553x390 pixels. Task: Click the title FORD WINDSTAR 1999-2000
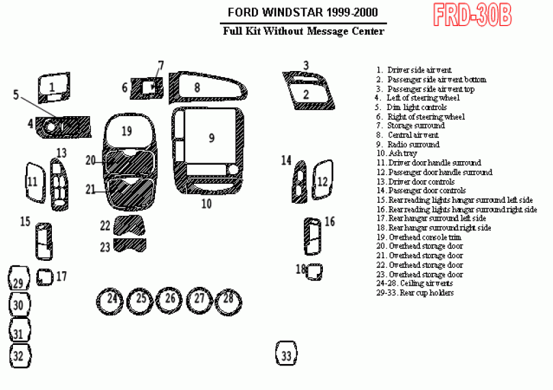click(x=301, y=13)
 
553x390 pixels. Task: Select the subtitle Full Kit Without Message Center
click(x=303, y=31)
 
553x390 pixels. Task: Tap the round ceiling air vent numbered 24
click(x=112, y=299)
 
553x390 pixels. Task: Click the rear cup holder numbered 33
click(x=287, y=354)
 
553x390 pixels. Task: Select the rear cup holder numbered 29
click(x=18, y=281)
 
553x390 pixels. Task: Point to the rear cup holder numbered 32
click(x=19, y=355)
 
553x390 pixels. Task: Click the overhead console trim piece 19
click(x=127, y=130)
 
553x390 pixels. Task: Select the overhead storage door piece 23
click(x=130, y=246)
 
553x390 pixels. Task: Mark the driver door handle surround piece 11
click(x=32, y=182)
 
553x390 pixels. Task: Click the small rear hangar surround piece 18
click(x=314, y=271)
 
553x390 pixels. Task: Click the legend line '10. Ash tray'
click(x=402, y=154)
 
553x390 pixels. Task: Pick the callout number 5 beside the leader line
click(x=16, y=94)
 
